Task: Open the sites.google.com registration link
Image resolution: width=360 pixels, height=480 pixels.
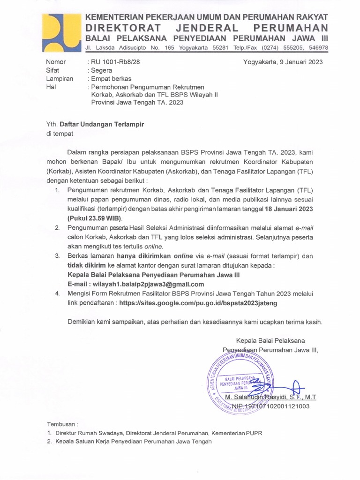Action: [198, 303]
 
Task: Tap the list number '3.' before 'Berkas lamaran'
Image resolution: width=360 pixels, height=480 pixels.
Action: [57, 256]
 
